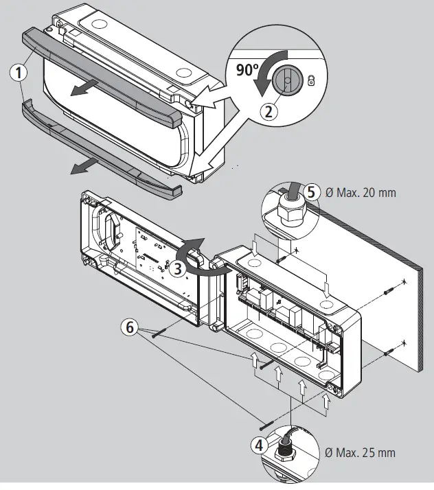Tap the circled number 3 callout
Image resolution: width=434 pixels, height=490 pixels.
[177, 269]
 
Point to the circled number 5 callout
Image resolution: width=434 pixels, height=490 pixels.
[311, 193]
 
